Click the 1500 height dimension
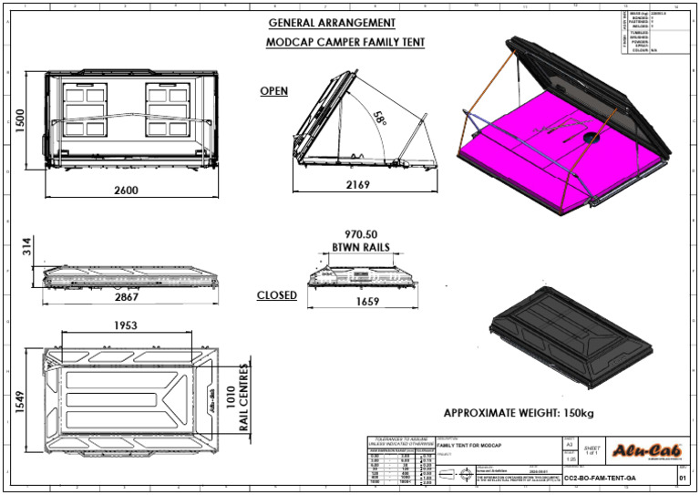click(x=19, y=119)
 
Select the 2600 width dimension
click(x=127, y=191)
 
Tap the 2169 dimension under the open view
click(x=359, y=185)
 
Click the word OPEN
click(x=273, y=91)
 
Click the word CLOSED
click(x=276, y=295)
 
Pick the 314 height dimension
click(x=27, y=245)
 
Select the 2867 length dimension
click(x=127, y=297)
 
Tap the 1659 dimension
click(x=366, y=302)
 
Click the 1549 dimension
click(x=20, y=402)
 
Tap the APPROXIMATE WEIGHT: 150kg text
click(x=518, y=414)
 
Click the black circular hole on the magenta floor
click(x=591, y=138)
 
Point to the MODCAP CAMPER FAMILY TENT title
click(x=345, y=42)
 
